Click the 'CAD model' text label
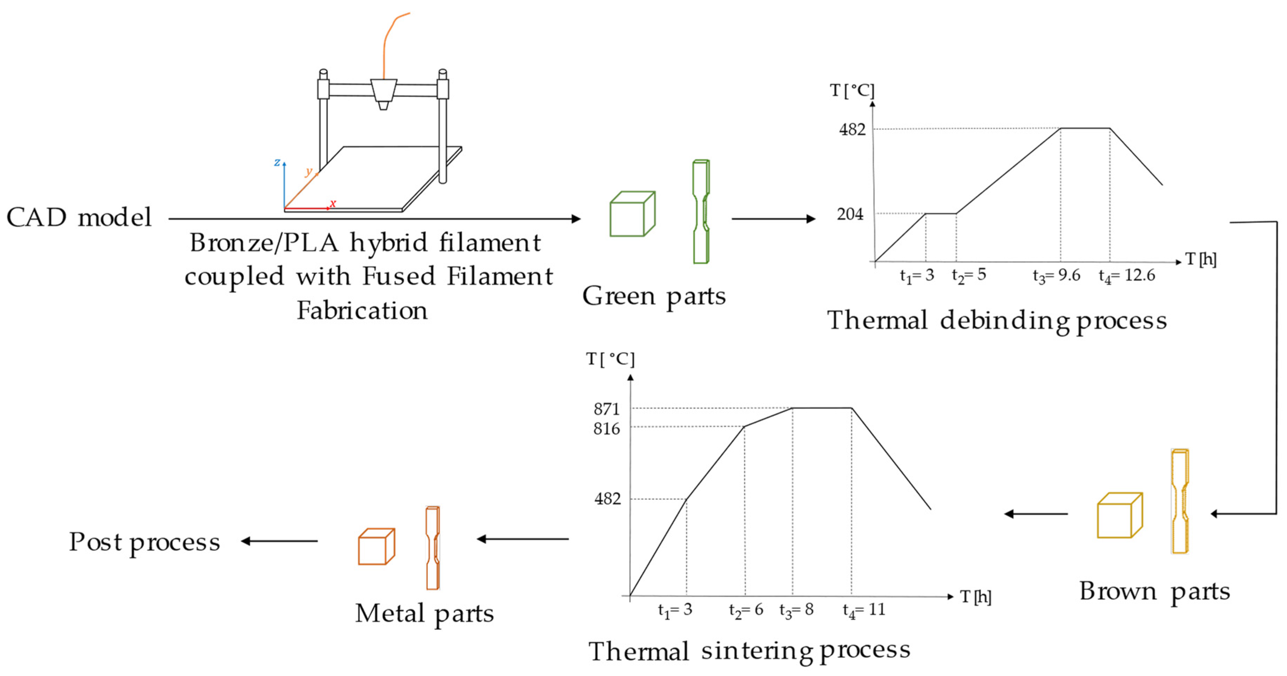(79, 218)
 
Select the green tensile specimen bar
(701, 211)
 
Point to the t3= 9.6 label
(1056, 275)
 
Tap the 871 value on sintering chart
(606, 409)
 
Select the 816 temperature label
(606, 429)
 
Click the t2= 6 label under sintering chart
(746, 610)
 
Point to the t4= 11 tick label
(863, 610)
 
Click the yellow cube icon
(1120, 515)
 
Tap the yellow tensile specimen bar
(1180, 501)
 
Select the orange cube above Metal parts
(376, 547)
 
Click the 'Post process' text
(144, 542)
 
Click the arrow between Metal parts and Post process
(279, 541)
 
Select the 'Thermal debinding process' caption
(997, 320)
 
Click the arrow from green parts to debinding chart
(773, 219)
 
